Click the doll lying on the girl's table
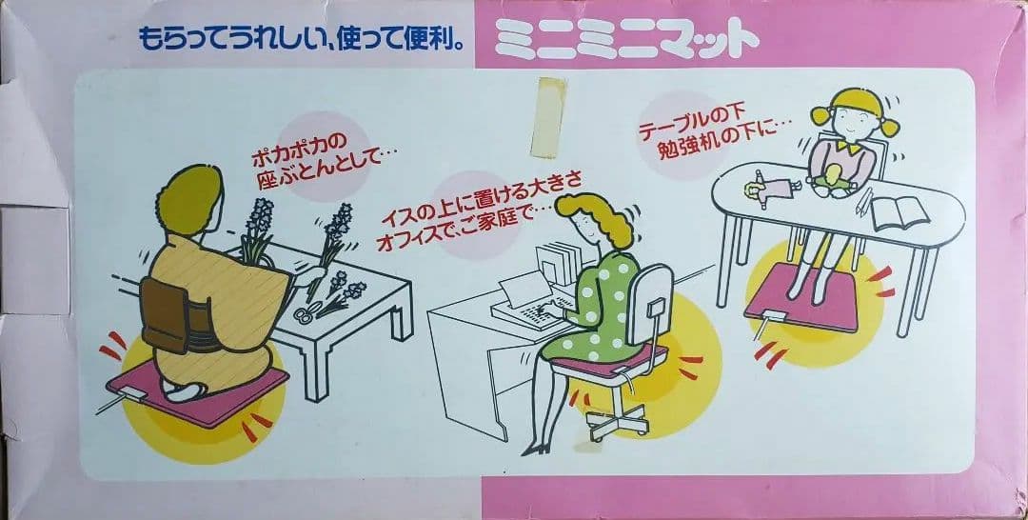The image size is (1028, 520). (x=772, y=190)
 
